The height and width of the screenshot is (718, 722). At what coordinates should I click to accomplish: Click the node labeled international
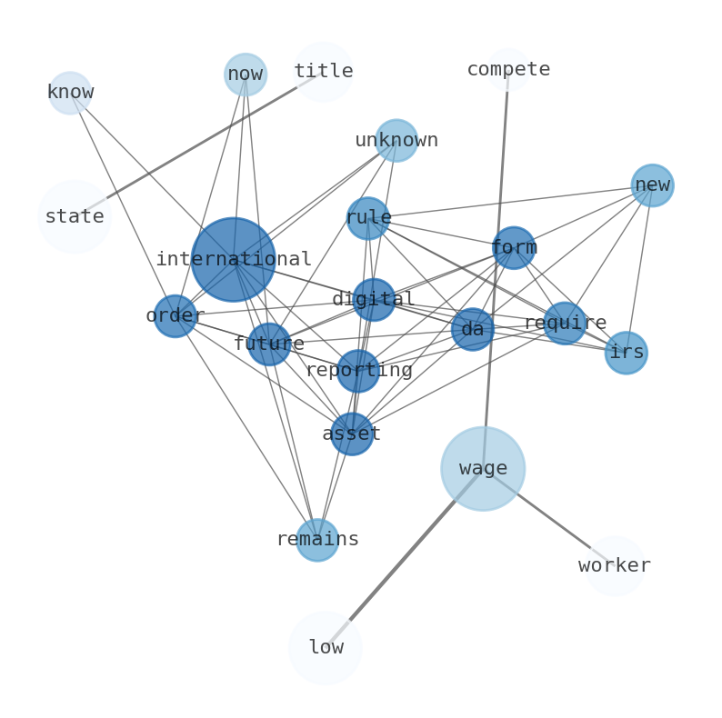(x=234, y=259)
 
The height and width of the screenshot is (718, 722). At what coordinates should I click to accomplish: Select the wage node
(x=483, y=468)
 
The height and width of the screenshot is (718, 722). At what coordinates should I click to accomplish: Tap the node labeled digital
(x=374, y=299)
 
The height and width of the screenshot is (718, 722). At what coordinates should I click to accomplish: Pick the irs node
(x=627, y=352)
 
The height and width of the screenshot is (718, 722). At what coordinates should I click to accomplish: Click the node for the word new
(x=652, y=184)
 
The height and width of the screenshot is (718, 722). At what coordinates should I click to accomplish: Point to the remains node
(x=317, y=539)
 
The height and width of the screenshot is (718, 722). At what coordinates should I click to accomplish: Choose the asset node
(x=352, y=434)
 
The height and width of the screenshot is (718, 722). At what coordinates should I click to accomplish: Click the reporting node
(x=358, y=370)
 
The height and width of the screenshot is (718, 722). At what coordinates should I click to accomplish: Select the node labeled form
(x=514, y=247)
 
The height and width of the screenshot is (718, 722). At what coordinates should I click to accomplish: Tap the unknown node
(x=396, y=140)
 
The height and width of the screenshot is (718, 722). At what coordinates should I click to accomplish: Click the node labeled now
(x=246, y=74)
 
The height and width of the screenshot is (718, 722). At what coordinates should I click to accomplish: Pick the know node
(x=70, y=92)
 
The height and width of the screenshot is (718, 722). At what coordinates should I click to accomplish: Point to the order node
(x=175, y=315)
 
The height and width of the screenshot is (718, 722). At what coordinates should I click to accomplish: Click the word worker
(x=615, y=565)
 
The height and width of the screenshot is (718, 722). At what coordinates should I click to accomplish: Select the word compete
(x=508, y=69)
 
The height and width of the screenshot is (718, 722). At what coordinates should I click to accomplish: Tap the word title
(x=324, y=71)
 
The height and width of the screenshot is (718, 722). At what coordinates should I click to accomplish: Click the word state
(x=75, y=216)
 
